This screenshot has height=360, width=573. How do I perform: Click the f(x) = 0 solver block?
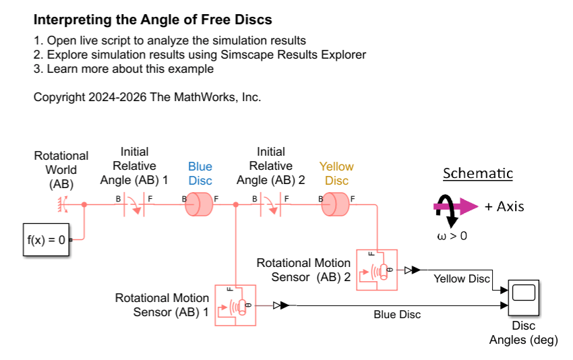point(46,239)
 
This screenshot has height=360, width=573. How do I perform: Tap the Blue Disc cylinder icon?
point(199,204)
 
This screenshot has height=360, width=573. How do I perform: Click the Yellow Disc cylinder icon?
point(335,204)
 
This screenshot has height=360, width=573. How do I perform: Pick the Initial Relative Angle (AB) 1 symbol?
point(134,205)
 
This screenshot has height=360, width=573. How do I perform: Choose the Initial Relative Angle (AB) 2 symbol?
point(271,205)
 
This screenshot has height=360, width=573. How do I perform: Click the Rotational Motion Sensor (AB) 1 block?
point(235,305)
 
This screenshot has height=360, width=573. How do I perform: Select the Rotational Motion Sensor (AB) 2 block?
point(377,270)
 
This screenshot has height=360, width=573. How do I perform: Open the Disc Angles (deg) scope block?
point(524,298)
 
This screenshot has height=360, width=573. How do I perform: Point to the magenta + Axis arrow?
point(456,206)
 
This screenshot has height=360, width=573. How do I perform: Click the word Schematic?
point(478,173)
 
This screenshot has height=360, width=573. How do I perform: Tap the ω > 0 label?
point(452,236)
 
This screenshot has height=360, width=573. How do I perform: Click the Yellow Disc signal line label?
point(462,279)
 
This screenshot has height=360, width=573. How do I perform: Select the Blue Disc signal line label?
point(397,314)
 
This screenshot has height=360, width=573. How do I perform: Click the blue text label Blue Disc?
point(200,174)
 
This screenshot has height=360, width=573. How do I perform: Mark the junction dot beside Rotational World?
point(84,205)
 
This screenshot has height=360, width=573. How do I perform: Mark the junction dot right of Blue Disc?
point(236,205)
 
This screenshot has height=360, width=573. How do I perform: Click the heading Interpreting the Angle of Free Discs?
point(153,20)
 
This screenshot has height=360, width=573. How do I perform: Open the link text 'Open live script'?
point(86,40)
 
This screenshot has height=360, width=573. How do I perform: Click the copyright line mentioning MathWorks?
point(147,97)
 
